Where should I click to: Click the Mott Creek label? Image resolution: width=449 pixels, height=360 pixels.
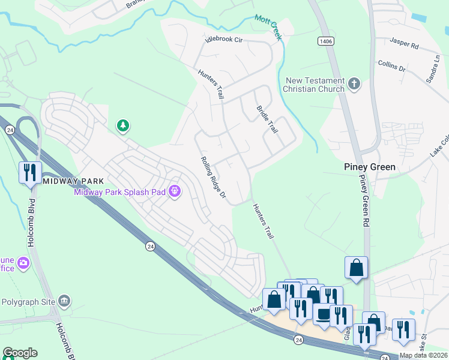[x=268, y=28]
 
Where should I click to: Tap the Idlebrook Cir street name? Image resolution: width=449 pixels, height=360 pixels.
[x=223, y=40]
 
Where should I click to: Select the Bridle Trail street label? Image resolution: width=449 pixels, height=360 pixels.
[x=268, y=119]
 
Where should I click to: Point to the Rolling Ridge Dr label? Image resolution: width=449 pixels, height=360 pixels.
[x=213, y=177]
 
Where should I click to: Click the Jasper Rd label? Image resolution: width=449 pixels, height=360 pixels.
[x=403, y=42]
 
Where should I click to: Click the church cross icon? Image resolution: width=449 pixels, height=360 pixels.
[x=354, y=83]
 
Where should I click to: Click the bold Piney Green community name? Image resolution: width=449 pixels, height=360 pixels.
[x=369, y=167]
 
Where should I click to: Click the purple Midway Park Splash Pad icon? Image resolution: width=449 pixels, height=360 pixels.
[x=175, y=191]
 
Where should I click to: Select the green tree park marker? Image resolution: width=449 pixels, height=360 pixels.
[x=123, y=125]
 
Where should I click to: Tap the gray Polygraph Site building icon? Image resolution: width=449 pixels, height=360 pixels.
[x=65, y=301]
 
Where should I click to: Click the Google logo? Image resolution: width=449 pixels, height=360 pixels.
[x=20, y=353]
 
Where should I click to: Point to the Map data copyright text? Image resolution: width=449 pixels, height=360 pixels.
[x=423, y=355]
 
